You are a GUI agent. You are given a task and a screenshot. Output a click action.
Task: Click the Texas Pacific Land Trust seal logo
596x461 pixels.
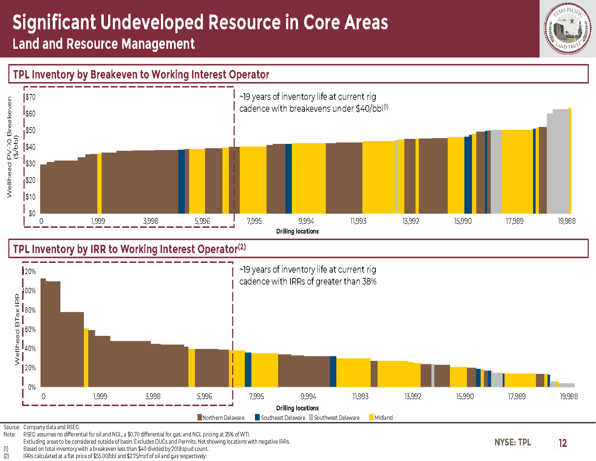(x=567, y=29)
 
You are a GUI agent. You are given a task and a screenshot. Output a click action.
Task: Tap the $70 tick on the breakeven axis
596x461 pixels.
(x=30, y=97)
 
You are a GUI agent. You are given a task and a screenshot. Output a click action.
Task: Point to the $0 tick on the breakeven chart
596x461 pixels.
(x=32, y=213)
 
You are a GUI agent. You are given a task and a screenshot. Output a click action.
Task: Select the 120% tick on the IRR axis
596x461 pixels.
(x=30, y=272)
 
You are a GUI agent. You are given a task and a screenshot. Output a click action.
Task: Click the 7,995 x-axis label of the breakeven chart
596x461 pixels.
(x=254, y=221)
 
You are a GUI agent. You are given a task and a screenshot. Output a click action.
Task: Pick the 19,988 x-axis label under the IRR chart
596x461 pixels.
(x=569, y=396)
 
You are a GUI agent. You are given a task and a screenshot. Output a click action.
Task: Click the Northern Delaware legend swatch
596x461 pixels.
(x=199, y=418)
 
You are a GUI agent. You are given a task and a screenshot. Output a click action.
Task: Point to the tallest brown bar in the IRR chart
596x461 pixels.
(x=43, y=333)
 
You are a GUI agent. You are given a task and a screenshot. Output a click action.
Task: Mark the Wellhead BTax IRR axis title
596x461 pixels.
(x=17, y=329)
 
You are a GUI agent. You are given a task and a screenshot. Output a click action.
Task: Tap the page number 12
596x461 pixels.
(x=563, y=443)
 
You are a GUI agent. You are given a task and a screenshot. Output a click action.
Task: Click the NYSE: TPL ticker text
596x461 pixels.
(x=512, y=442)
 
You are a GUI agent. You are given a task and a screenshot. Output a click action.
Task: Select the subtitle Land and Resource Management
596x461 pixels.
(x=103, y=44)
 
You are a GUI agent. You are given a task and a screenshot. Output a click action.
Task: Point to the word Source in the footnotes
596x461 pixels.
(x=11, y=427)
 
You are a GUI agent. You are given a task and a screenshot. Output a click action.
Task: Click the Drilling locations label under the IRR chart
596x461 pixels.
(x=297, y=408)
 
